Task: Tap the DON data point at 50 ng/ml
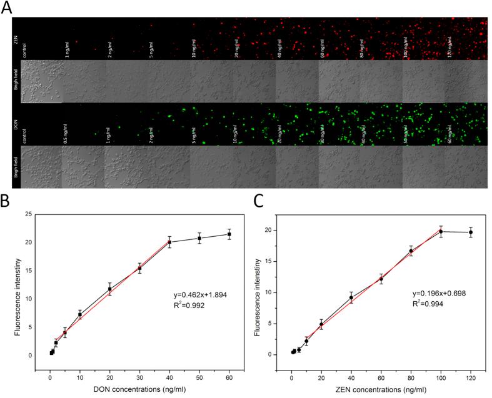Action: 199,238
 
